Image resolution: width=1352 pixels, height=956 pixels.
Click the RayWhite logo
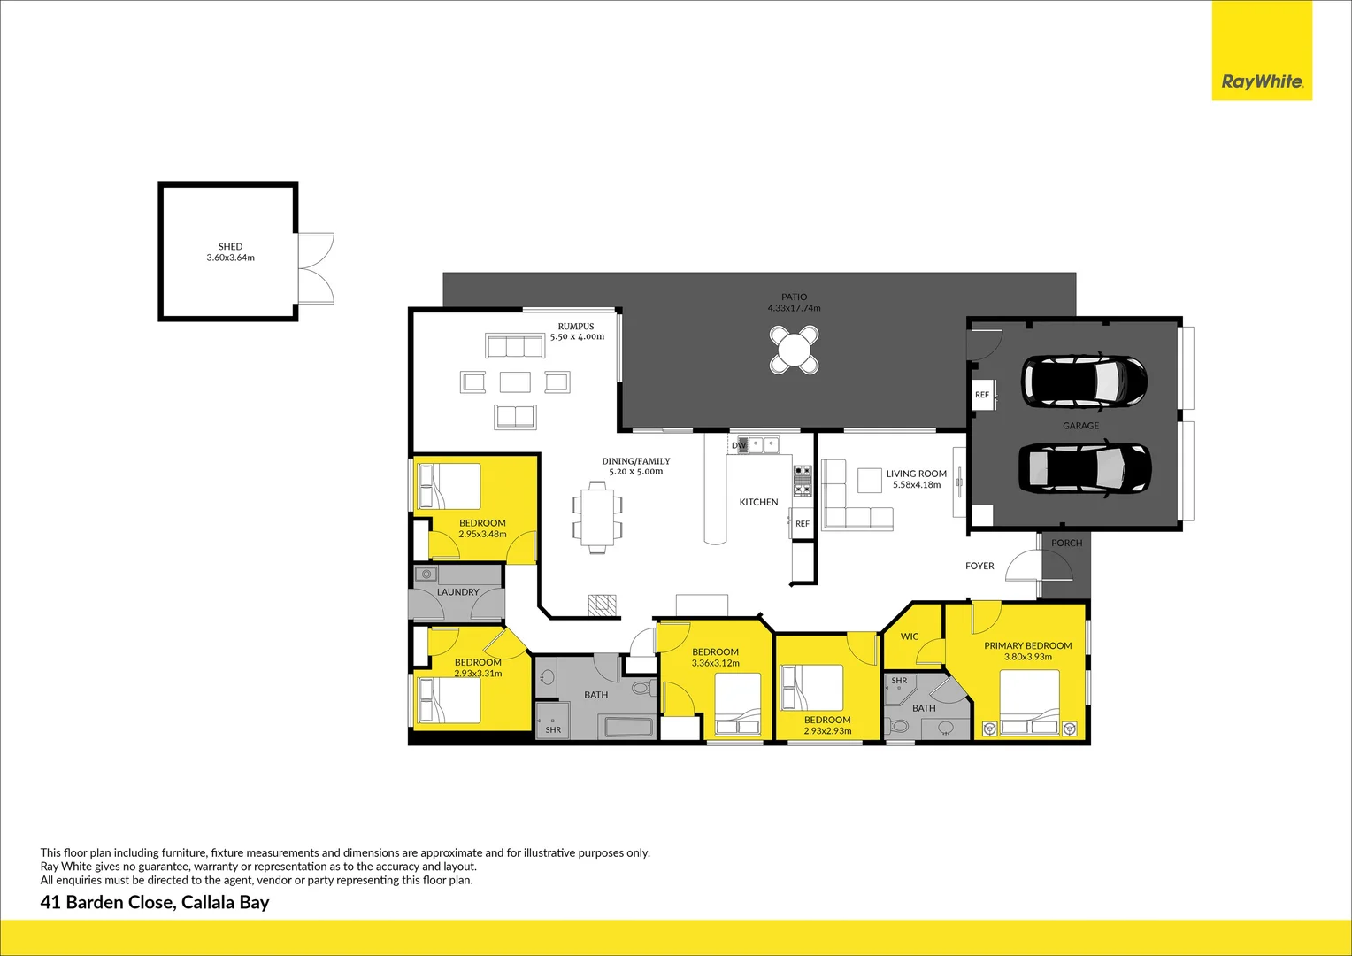[x=1261, y=81]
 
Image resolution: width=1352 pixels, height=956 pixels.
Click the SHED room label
[x=230, y=247]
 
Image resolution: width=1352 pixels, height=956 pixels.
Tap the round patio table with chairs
[x=794, y=350]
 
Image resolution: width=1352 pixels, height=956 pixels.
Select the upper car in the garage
[x=1084, y=382]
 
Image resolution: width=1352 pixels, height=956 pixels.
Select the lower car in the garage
[x=1084, y=467]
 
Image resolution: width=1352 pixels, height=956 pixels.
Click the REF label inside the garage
[x=982, y=395]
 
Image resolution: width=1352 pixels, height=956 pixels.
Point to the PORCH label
[x=1066, y=544]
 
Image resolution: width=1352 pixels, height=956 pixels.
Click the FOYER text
[x=979, y=566]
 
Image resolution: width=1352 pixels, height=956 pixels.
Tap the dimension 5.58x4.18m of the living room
[x=917, y=485]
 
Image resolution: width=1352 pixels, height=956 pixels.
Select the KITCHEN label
[x=758, y=502]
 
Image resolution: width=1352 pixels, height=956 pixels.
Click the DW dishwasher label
[x=739, y=445]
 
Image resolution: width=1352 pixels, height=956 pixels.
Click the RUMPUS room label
[x=576, y=326]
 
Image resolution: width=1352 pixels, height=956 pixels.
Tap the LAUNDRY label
[x=457, y=592]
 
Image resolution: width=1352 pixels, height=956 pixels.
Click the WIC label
[x=910, y=636]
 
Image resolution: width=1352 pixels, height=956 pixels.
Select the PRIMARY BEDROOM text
[x=1027, y=646]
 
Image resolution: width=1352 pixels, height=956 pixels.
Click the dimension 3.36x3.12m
[x=715, y=663]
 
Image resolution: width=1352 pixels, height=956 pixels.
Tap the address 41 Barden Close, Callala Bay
[x=155, y=903]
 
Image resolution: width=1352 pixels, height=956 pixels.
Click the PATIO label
[x=794, y=297]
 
